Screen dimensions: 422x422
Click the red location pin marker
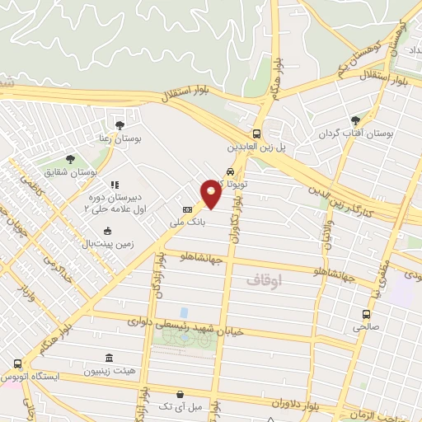(x=212, y=192)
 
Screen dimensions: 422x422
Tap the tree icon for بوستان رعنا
(x=120, y=124)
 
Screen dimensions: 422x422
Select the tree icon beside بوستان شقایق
(x=70, y=159)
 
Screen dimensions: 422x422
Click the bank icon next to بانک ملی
(x=187, y=209)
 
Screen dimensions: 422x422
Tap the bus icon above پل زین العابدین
(x=256, y=134)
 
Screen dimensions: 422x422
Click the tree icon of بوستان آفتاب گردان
(x=356, y=120)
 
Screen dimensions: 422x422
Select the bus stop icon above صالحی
(x=367, y=314)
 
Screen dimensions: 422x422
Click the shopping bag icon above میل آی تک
(x=179, y=394)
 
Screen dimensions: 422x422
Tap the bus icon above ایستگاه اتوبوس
(x=18, y=363)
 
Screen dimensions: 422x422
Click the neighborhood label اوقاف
(x=264, y=280)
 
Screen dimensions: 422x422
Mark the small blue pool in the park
(x=183, y=312)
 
